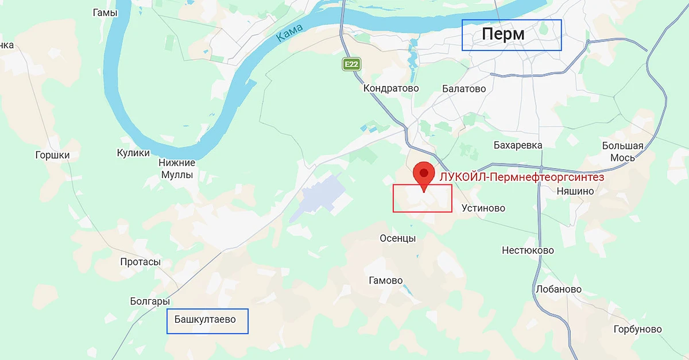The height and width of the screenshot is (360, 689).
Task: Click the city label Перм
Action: pos(503,34)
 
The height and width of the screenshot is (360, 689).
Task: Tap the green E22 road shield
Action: pos(351,64)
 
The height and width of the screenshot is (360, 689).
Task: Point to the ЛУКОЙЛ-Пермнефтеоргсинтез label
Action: pos(521,177)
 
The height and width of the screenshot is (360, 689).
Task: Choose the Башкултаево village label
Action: pos(205,319)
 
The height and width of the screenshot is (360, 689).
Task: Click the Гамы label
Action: pos(104,13)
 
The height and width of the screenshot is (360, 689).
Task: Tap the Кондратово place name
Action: pos(391,88)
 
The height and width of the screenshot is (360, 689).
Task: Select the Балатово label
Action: pos(464,88)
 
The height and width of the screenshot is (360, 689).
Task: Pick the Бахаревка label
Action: pos(518,145)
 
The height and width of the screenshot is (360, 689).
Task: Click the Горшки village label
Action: pos(52,155)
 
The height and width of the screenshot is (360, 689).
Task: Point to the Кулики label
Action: pos(133,153)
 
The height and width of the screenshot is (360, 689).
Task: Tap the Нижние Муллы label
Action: pos(177,169)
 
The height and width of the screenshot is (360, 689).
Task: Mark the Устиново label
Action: pos(483,208)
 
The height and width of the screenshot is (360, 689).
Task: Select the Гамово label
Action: pos(385,281)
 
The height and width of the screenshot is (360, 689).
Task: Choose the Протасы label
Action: pos(140,262)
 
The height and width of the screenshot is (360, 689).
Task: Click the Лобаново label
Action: pos(558,289)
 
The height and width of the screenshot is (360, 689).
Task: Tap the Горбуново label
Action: pos(637,330)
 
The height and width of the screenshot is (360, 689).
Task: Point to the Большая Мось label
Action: pos(622,152)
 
